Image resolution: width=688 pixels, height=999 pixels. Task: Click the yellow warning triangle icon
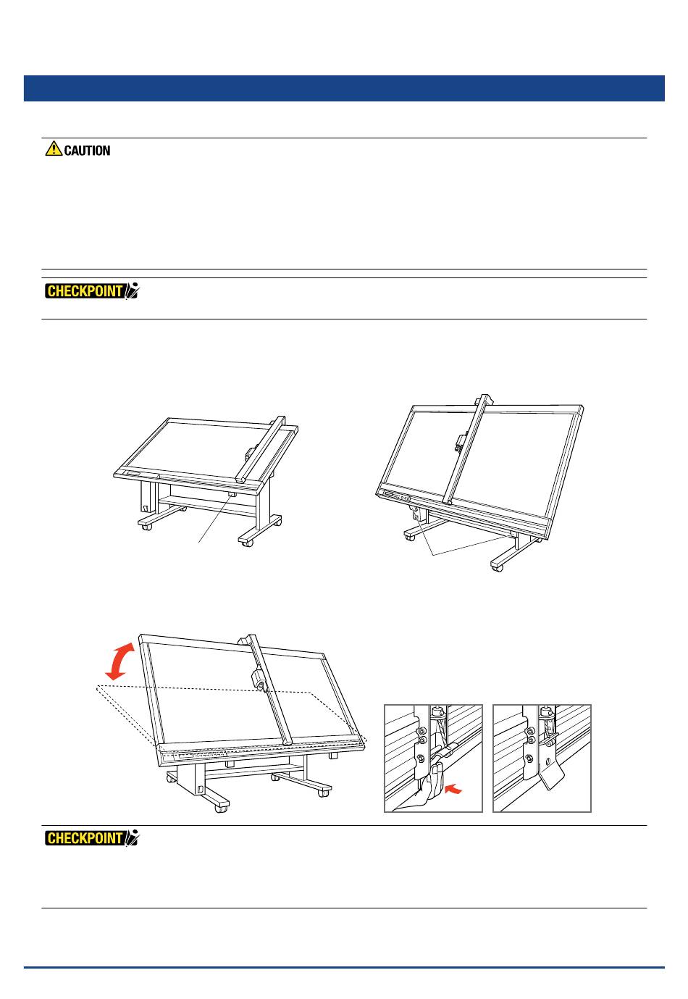[54, 149]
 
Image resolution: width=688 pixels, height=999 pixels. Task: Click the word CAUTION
[87, 151]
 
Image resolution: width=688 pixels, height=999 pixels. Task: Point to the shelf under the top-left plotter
[203, 501]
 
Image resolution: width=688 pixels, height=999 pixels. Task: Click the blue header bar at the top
[344, 88]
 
